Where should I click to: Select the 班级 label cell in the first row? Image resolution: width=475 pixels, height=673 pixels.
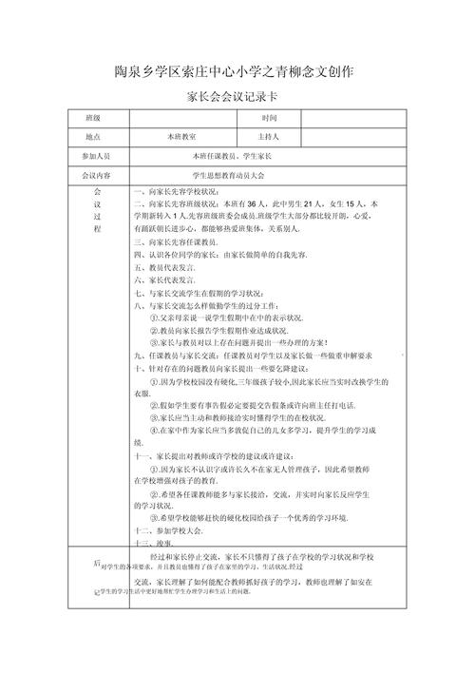[x=92, y=118]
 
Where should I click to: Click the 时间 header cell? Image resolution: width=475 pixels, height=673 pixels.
[x=269, y=118]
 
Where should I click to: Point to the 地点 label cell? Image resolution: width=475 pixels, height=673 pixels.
[x=92, y=137]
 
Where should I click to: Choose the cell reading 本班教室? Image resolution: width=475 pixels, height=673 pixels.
[x=180, y=137]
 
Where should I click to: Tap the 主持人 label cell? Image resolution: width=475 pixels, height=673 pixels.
[x=269, y=137]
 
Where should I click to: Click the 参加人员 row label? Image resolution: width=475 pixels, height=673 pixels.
[x=96, y=156]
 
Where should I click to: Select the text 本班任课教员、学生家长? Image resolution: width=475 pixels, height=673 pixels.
[x=233, y=156]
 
